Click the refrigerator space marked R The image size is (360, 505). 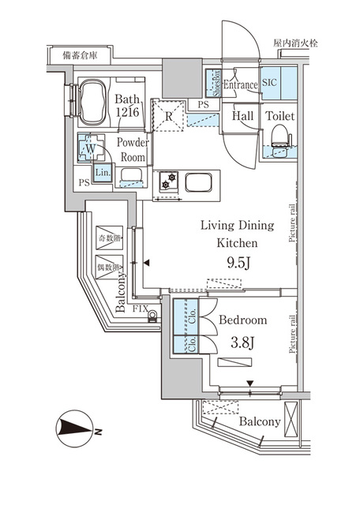[169, 116]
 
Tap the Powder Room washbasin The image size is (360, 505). [131, 176]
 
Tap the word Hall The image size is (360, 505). [242, 116]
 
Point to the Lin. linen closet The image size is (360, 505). [102, 174]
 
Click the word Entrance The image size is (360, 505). [242, 85]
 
